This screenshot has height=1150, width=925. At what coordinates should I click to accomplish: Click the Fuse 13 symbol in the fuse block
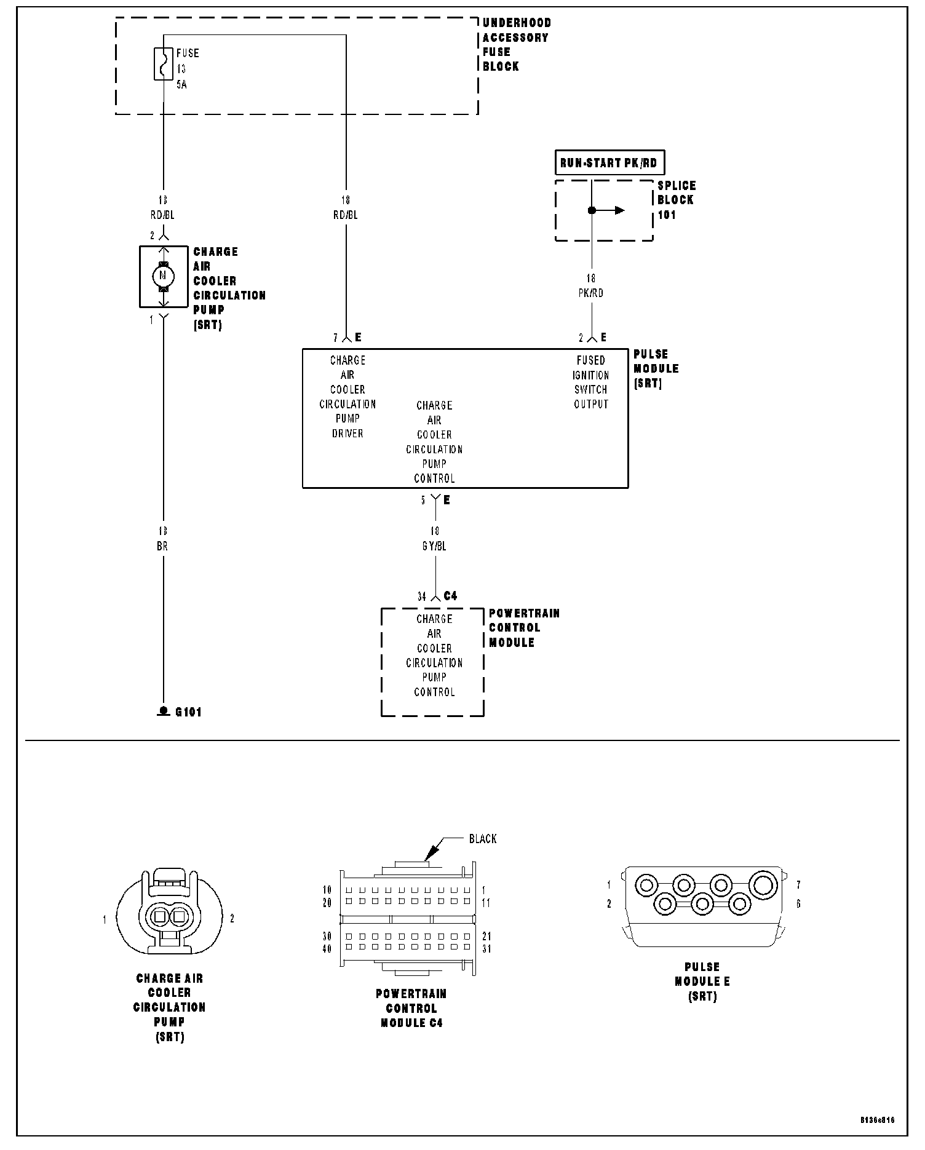163,63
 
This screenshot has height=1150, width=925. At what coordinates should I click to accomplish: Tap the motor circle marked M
163,275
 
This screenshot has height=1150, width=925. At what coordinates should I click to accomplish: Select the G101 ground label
188,712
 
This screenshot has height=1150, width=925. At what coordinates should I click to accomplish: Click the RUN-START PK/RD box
609,163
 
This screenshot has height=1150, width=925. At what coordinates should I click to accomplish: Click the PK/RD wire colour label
591,293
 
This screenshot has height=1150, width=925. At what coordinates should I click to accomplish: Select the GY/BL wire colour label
434,546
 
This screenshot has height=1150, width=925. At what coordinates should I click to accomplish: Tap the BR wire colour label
162,546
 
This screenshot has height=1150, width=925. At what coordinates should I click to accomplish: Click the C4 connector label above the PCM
450,596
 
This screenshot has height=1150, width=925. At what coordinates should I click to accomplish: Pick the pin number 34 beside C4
422,597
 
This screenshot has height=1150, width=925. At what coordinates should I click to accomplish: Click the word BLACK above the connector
483,839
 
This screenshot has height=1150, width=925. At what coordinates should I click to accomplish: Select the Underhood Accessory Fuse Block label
517,44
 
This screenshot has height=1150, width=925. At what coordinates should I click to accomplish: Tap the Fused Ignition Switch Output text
591,383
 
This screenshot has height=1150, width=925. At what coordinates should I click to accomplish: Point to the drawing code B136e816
877,1120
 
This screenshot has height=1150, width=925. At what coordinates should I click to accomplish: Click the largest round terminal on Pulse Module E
763,886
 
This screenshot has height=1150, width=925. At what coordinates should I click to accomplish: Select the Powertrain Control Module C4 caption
411,1008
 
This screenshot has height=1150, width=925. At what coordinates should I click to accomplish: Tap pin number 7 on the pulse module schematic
336,338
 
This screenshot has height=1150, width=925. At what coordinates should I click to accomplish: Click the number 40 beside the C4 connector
327,949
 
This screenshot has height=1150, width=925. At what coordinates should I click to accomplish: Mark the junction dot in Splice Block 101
592,210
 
